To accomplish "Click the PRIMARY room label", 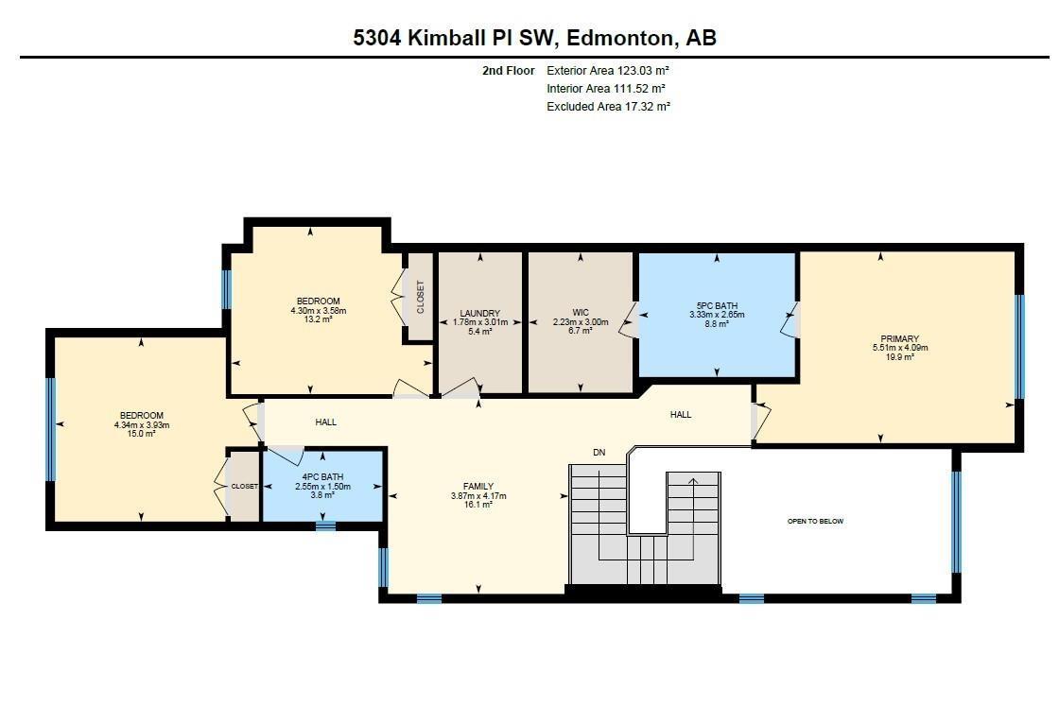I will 898,338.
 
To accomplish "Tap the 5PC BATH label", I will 716,305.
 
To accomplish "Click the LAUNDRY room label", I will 479,313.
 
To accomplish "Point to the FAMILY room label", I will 478,487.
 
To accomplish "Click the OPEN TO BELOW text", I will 815,522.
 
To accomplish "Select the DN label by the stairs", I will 599,453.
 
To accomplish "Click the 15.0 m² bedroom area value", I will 141,435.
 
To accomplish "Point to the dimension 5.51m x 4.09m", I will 898,348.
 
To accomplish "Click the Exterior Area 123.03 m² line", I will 608,71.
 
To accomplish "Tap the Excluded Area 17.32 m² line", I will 608,107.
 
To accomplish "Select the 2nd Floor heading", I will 508,71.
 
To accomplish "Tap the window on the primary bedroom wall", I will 1019,346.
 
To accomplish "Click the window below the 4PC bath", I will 325,525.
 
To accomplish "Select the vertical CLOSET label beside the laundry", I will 420,297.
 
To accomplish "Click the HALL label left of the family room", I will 325,422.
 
